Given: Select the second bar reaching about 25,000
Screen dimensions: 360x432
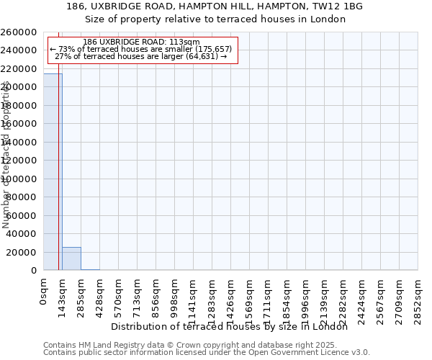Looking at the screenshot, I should click(x=71, y=258).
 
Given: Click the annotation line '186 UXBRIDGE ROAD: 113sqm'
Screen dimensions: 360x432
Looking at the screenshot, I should click(x=141, y=42).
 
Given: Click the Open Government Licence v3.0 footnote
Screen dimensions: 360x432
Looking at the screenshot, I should click(x=207, y=353).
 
